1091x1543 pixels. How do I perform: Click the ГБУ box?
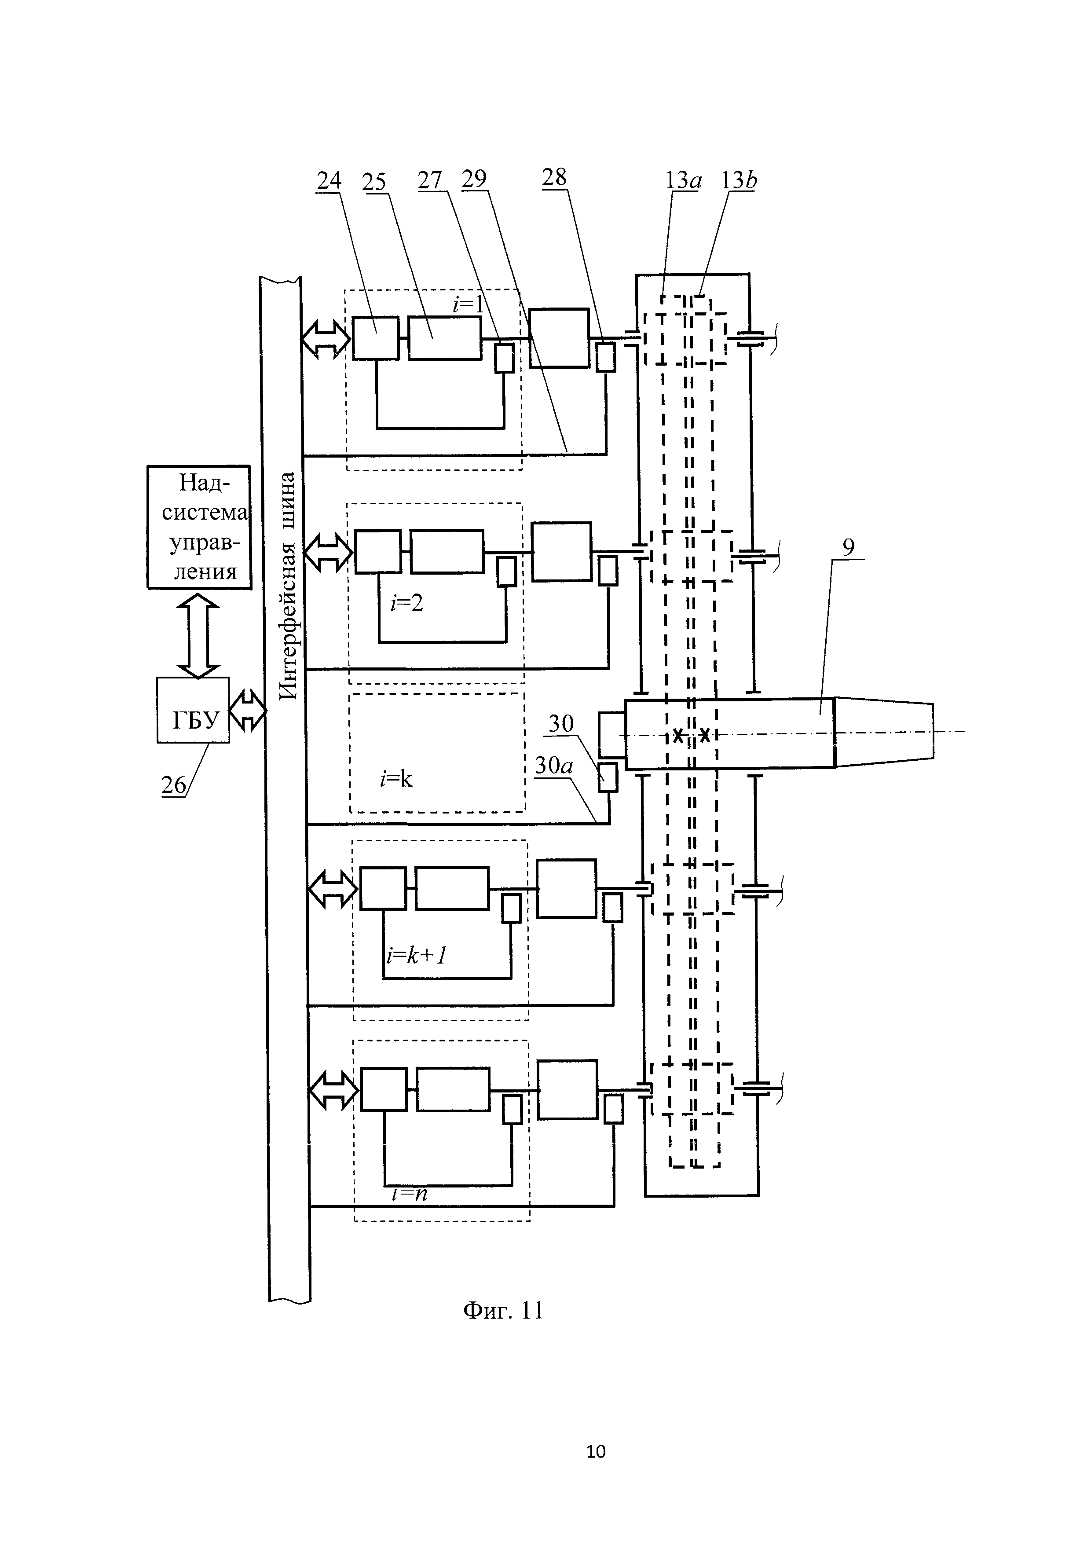tap(193, 710)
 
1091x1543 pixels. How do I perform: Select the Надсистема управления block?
tap(199, 527)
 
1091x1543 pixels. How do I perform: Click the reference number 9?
tap(849, 548)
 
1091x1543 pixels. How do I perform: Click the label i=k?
tap(396, 779)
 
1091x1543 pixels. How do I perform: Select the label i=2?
tap(407, 603)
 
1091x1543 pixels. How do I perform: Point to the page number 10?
tap(596, 1451)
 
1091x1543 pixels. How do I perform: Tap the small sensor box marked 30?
tap(608, 777)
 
